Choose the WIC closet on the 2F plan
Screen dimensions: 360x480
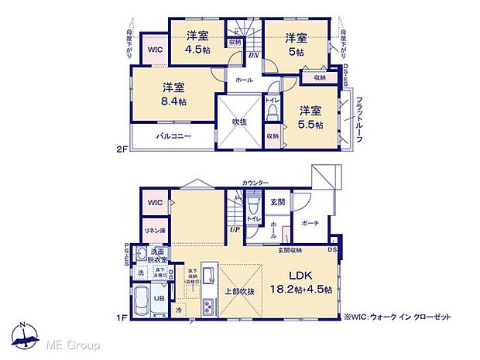154,49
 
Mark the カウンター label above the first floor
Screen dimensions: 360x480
255,183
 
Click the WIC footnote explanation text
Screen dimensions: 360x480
399,317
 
